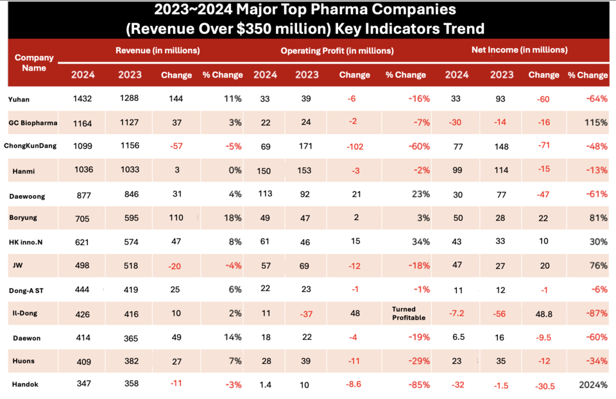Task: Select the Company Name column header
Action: click(34, 62)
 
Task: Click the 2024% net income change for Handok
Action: click(592, 386)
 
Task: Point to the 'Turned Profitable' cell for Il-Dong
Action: click(407, 313)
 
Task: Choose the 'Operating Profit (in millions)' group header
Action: click(337, 50)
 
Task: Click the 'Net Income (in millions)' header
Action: click(520, 49)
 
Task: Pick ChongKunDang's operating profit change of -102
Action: click(354, 146)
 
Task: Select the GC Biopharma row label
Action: click(33, 123)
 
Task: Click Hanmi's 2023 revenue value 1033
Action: click(130, 170)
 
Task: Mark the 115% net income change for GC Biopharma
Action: click(595, 123)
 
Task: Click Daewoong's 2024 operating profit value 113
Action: click(265, 194)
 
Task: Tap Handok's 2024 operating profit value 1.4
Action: click(264, 385)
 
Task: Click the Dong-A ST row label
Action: click(26, 289)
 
